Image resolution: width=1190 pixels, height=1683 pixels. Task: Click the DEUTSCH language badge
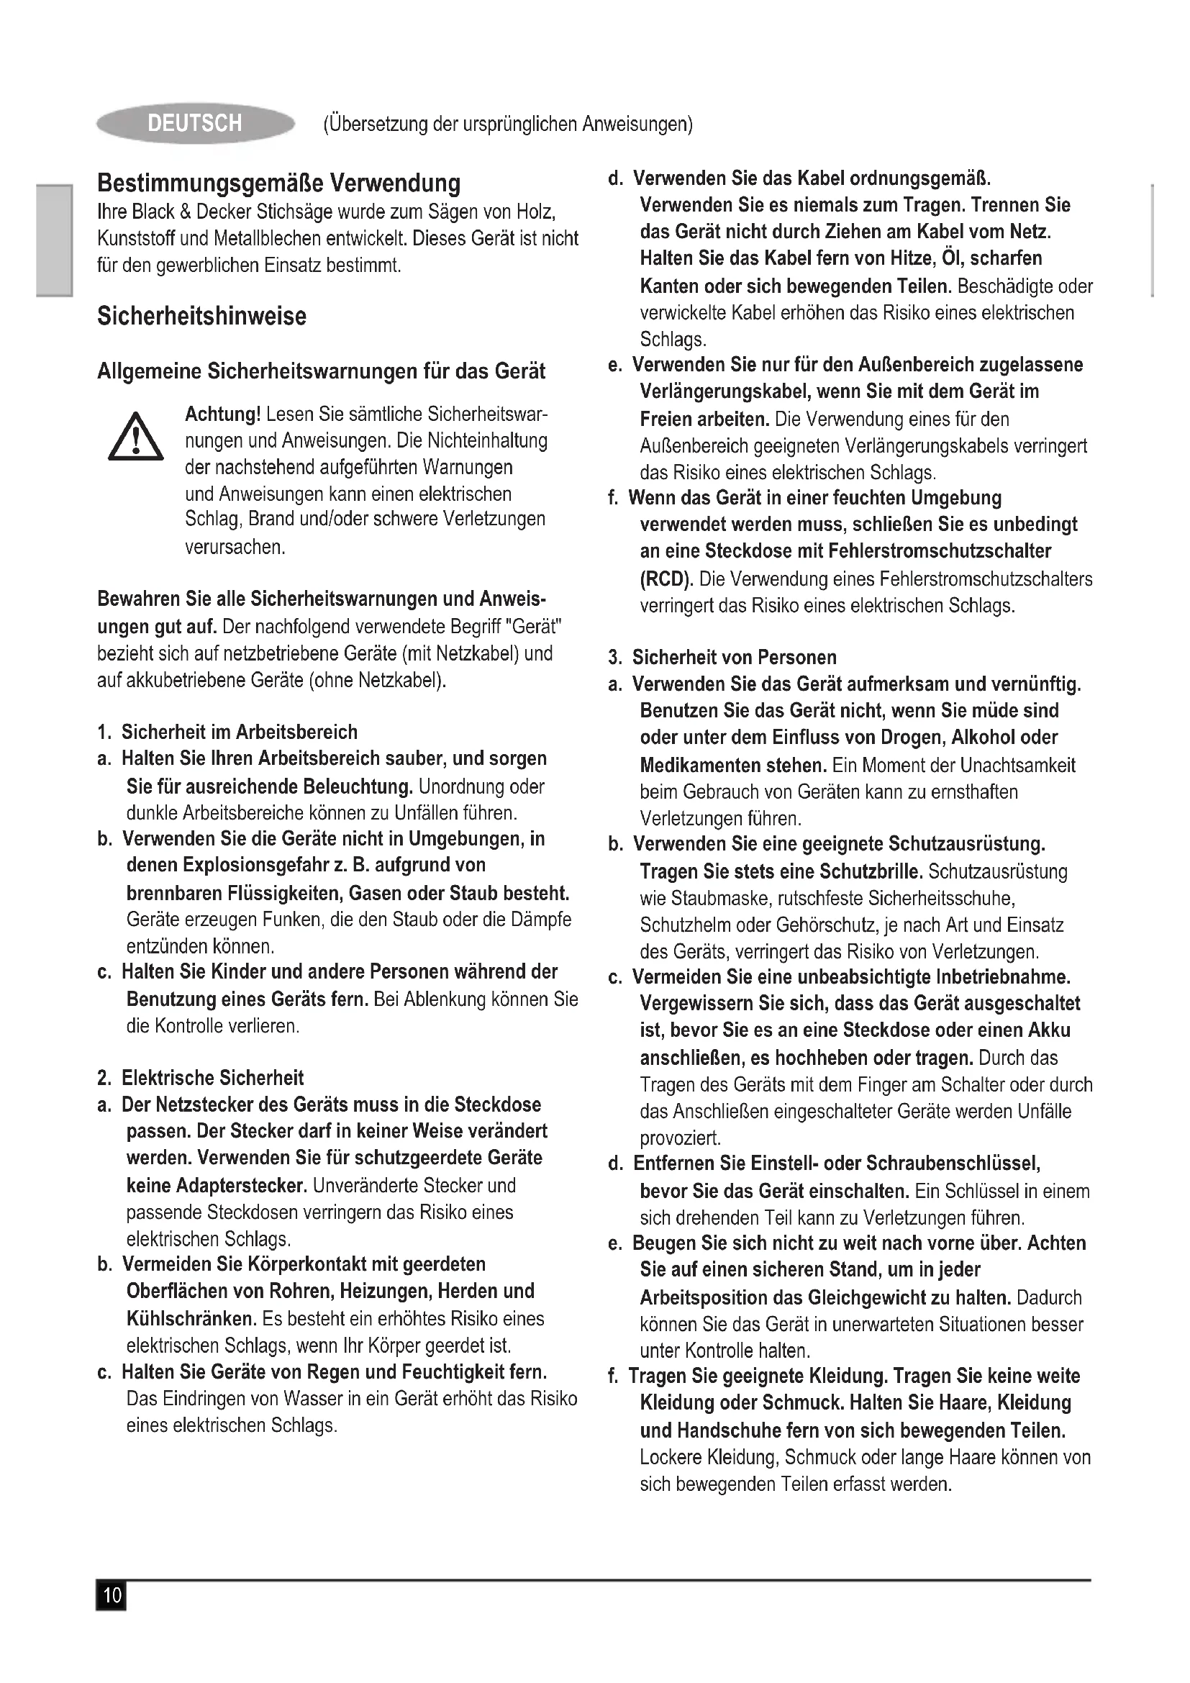pyautogui.click(x=195, y=123)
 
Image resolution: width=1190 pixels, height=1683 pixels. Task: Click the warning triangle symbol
pyautogui.click(x=135, y=438)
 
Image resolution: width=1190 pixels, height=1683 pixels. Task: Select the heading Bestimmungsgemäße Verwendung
pyautogui.click(x=279, y=183)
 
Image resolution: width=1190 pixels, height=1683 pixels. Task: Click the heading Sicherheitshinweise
pyautogui.click(x=201, y=316)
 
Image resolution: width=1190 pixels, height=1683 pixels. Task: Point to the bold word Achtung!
pyautogui.click(x=223, y=414)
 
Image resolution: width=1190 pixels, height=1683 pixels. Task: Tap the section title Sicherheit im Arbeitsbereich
pyautogui.click(x=239, y=732)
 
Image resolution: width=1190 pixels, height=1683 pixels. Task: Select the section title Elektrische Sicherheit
pyautogui.click(x=212, y=1078)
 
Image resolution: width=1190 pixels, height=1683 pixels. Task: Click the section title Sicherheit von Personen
pyautogui.click(x=735, y=657)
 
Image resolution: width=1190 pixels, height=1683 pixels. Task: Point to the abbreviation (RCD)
pyautogui.click(x=666, y=579)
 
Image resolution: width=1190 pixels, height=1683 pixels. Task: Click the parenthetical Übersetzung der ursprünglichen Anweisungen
pyautogui.click(x=508, y=124)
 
